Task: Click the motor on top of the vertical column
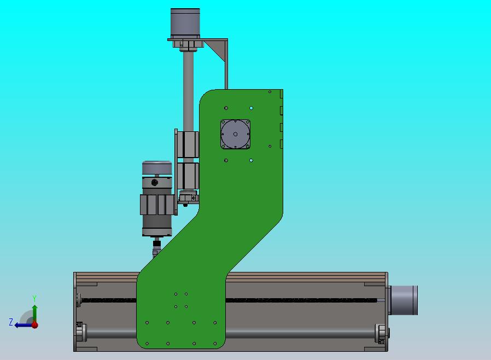pos(185,23)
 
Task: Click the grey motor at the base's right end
pos(404,300)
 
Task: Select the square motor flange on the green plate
pos(235,134)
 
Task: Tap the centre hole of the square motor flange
pos(235,134)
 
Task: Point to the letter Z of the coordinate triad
pos(11,322)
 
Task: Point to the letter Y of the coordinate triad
pos(34,298)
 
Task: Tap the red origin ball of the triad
pos(35,325)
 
